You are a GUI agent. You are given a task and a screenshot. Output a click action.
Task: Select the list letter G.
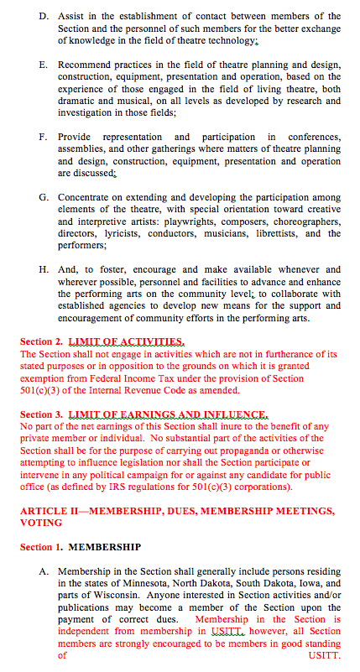click(x=43, y=197)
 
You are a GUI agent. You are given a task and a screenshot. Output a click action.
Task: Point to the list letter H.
click(x=43, y=270)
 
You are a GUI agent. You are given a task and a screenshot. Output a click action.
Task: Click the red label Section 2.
click(x=40, y=342)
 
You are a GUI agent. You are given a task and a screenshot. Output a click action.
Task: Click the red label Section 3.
click(x=40, y=414)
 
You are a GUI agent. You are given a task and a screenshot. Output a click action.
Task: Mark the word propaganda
click(x=230, y=451)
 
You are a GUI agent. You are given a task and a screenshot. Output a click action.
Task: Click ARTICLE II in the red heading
click(x=50, y=511)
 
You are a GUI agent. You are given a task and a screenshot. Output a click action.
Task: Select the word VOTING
click(x=40, y=523)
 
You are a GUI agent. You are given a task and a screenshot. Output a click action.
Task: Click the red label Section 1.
click(x=40, y=547)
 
